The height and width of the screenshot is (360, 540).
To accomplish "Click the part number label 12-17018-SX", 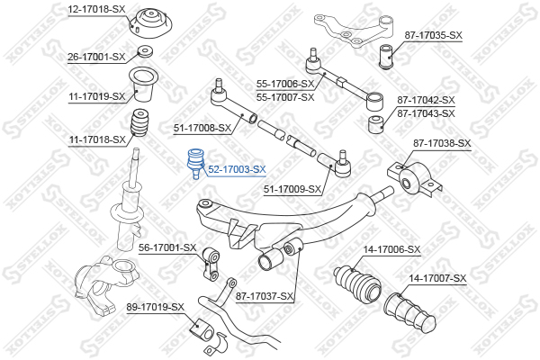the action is tap(96, 9).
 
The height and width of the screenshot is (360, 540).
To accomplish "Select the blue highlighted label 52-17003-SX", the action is tap(237, 169).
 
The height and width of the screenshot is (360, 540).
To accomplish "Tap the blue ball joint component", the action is tap(195, 163).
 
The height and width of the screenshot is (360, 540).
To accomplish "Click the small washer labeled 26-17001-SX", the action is tap(145, 51).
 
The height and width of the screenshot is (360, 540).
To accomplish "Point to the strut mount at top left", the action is tap(149, 25).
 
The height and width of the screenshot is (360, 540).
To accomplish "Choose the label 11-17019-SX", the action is tap(97, 96).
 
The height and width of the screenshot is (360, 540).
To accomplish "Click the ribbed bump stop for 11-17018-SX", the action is tap(139, 123).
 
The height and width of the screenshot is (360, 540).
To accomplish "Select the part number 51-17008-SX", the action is tap(202, 128).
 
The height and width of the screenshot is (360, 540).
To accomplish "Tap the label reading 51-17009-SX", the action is tap(292, 189).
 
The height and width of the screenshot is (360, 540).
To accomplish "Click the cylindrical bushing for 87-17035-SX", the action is tap(386, 57).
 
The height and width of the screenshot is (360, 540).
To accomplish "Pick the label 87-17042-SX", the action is tap(426, 100).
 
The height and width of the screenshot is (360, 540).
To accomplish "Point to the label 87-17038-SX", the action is tap(442, 143).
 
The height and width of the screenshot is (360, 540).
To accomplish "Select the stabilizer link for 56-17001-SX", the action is tap(210, 265).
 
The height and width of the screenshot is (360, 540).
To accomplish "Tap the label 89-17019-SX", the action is tap(156, 307).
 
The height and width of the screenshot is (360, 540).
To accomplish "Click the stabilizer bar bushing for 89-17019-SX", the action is tap(202, 330).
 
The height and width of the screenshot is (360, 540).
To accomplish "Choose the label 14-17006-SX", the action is tap(391, 248).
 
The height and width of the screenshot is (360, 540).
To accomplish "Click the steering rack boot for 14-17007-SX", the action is tap(410, 311).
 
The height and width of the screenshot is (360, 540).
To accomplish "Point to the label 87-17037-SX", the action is tap(265, 296).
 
